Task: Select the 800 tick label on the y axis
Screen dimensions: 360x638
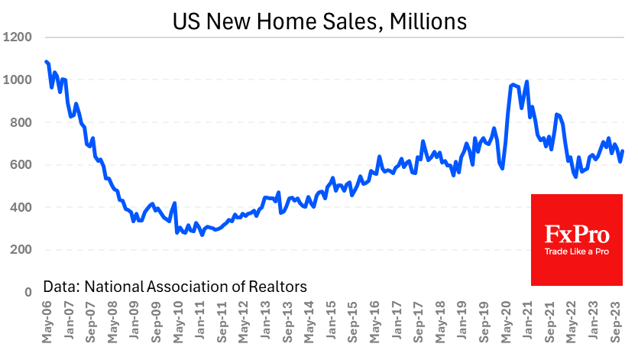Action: click(x=19, y=122)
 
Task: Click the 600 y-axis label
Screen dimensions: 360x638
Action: click(x=19, y=164)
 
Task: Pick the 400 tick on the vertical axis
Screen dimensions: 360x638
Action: click(x=19, y=207)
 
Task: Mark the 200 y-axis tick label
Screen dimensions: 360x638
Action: click(x=19, y=250)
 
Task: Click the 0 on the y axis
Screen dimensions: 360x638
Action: click(x=28, y=292)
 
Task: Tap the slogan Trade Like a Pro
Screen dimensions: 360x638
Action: click(x=576, y=251)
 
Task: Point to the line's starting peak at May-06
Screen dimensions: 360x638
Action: click(x=47, y=61)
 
